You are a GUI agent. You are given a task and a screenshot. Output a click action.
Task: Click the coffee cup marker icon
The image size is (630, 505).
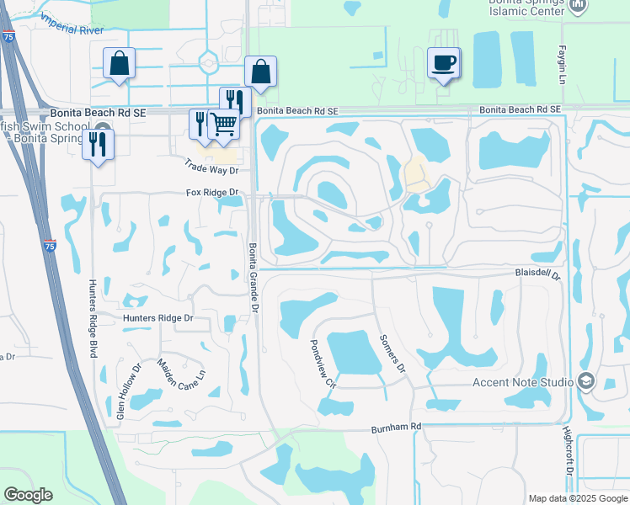[443, 62]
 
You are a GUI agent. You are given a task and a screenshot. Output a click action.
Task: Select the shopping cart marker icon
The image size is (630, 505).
[224, 123]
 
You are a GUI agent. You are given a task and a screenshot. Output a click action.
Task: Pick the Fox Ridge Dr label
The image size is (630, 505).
[213, 193]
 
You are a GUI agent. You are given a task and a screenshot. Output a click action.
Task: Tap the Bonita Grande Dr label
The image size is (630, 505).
[252, 279]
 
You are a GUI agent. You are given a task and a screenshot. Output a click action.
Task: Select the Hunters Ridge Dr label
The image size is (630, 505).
[157, 318]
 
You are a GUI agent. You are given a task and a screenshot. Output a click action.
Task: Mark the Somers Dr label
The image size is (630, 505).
[392, 351]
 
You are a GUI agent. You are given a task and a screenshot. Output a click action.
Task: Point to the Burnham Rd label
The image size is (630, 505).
[396, 428]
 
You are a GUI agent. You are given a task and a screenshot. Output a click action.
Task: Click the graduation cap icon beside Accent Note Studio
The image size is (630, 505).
[586, 382]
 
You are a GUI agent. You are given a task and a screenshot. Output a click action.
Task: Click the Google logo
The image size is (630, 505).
[29, 495]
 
